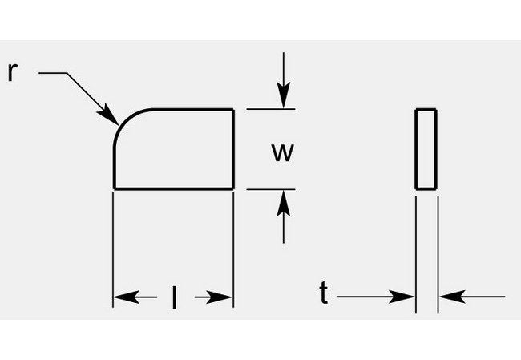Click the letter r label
tap(12, 72)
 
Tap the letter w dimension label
tap(281, 153)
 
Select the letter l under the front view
tap(174, 297)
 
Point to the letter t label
tap(323, 295)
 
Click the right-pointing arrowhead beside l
tap(224, 297)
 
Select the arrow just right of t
tap(405, 297)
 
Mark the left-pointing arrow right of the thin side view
tap(449, 297)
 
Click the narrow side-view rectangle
tap(426, 149)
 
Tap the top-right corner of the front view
tap(233, 109)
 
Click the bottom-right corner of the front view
tap(233, 188)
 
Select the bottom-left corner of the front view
tap(115, 188)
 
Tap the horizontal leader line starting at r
tap(53, 74)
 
